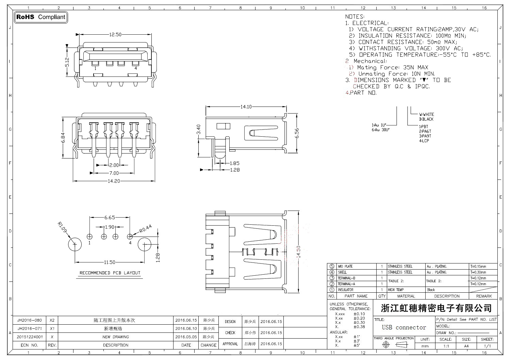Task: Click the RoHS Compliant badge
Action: coord(41,17)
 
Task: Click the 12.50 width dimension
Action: coord(115,34)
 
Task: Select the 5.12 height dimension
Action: coord(67,62)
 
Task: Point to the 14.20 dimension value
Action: coord(114,181)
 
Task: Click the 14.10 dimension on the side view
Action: coord(246,107)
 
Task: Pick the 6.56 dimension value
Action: coord(297,133)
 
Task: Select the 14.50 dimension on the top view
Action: coord(299,252)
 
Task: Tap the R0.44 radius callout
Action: coord(145,229)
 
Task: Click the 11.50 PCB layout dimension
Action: coord(110,262)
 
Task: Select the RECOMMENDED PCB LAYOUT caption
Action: coord(110,273)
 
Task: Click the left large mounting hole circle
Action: coord(75,244)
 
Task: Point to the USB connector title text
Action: coord(404,327)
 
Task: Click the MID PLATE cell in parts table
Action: coord(345,267)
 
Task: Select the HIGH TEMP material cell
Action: coord(395,290)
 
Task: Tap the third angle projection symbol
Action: coord(393,345)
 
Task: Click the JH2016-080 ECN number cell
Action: coord(30,321)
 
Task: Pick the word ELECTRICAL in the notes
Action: coord(370,23)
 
